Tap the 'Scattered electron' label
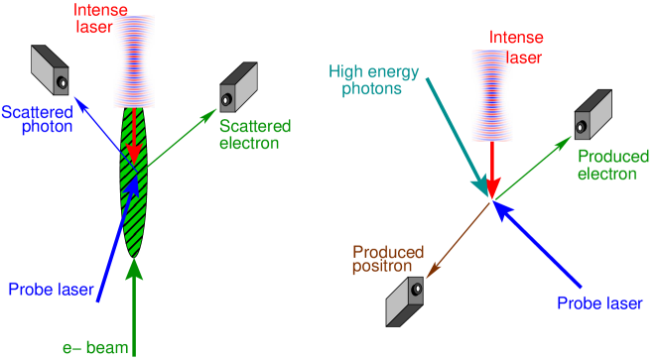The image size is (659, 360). [x=255, y=135]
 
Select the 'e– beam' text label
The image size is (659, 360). [x=86, y=347]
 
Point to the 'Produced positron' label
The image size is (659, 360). [x=388, y=259]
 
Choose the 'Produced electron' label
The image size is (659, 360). [x=613, y=166]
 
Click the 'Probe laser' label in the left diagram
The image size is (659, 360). [x=51, y=290]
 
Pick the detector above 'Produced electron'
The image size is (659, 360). [x=593, y=115]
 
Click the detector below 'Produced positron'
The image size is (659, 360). [x=406, y=300]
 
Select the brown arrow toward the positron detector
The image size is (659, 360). [x=459, y=238]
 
